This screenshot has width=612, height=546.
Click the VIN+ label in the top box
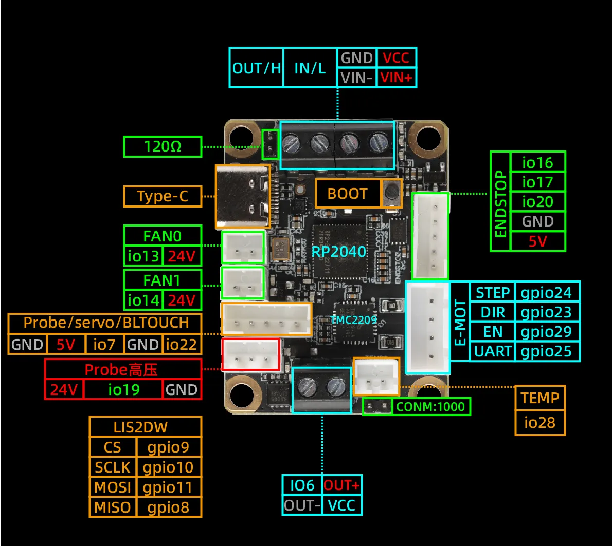[396, 78]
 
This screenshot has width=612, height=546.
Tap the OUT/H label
[256, 68]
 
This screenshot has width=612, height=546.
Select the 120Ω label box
[163, 147]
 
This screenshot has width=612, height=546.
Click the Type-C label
[163, 196]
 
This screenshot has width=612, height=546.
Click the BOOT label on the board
[347, 194]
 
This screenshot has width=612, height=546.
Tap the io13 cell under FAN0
[143, 256]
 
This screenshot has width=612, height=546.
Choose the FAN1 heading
[162, 280]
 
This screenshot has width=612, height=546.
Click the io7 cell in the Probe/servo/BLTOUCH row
[104, 344]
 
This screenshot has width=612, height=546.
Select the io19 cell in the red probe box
[123, 389]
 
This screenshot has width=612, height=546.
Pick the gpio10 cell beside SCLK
[168, 467]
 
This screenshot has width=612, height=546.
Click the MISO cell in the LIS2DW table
[112, 507]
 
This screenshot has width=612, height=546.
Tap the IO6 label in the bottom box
[302, 485]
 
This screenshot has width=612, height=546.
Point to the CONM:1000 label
[430, 407]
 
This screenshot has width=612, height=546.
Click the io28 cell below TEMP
[539, 423]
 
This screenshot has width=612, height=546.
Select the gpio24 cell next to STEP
[546, 293]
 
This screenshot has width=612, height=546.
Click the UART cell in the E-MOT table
[492, 351]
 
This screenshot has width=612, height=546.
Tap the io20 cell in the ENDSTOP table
[537, 201]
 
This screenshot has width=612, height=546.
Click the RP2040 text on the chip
[338, 252]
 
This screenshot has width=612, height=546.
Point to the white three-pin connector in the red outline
[250, 354]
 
